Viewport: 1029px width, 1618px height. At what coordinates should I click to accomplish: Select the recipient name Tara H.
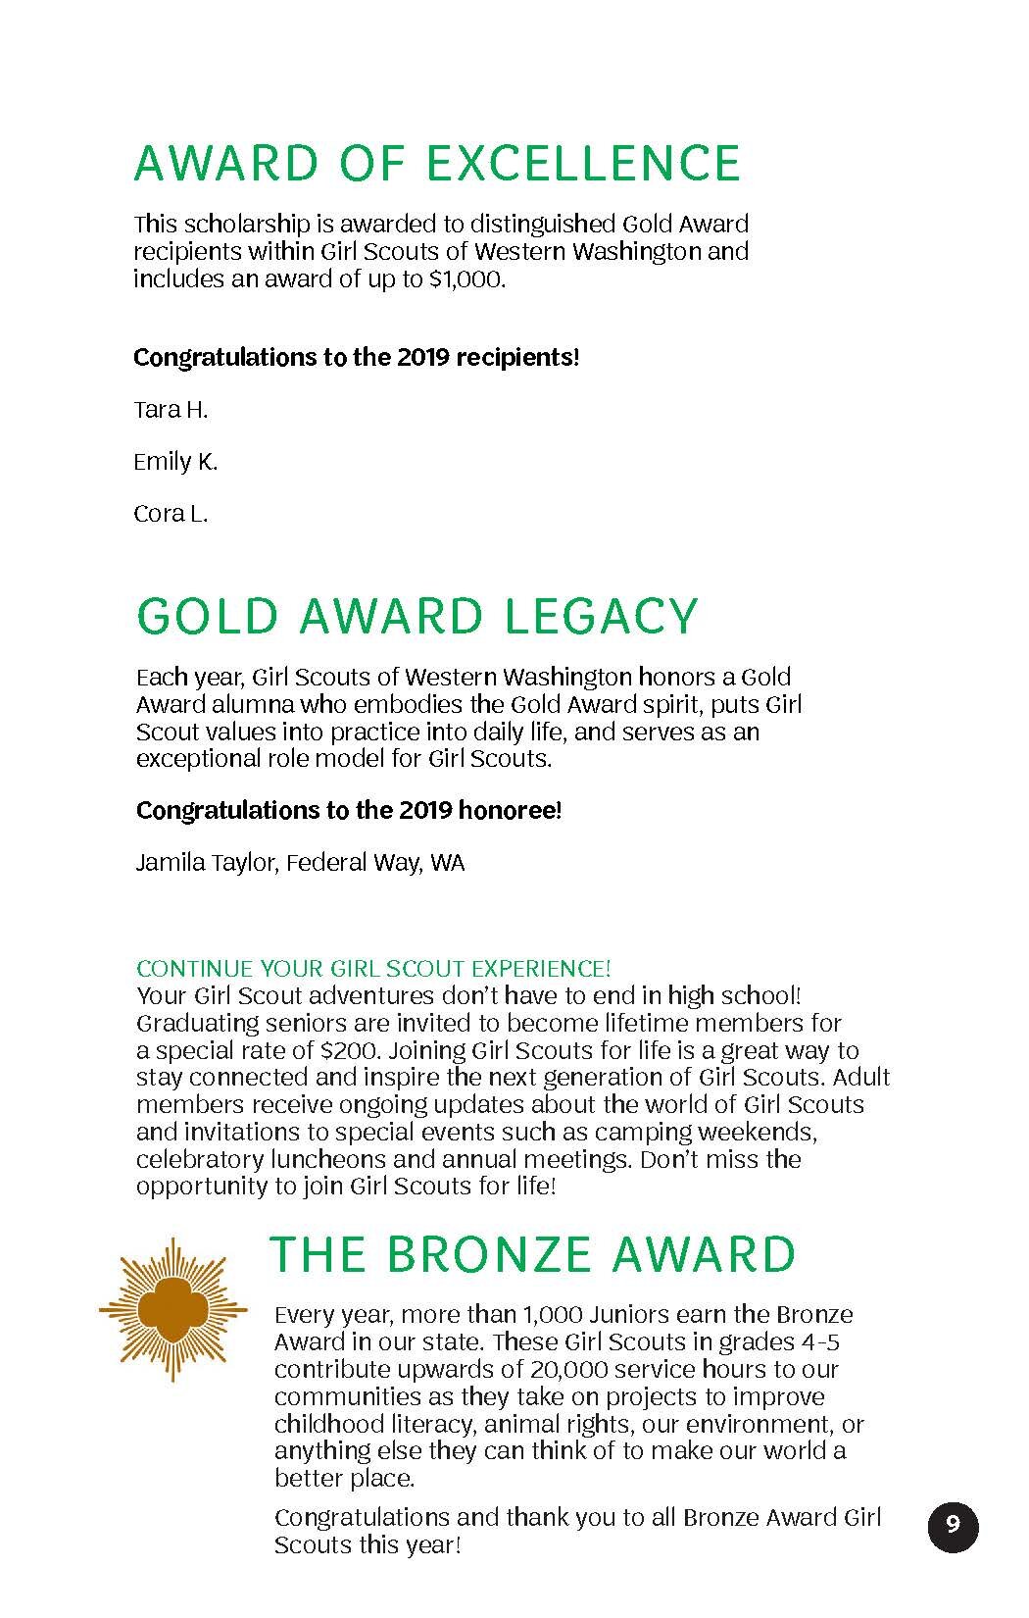171,410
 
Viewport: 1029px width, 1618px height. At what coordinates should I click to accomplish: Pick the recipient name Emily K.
175,462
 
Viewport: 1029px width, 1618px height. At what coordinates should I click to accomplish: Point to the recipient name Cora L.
171,514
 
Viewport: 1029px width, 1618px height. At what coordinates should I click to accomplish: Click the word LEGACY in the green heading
600,616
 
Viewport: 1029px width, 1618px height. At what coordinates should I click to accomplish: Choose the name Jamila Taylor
209,863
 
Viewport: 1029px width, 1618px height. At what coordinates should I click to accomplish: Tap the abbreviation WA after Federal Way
448,863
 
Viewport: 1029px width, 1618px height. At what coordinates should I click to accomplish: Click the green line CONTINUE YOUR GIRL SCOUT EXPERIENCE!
373,969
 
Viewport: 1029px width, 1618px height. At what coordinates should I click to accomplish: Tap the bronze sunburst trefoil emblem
170,1309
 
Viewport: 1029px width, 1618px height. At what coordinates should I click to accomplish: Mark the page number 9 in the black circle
953,1526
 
